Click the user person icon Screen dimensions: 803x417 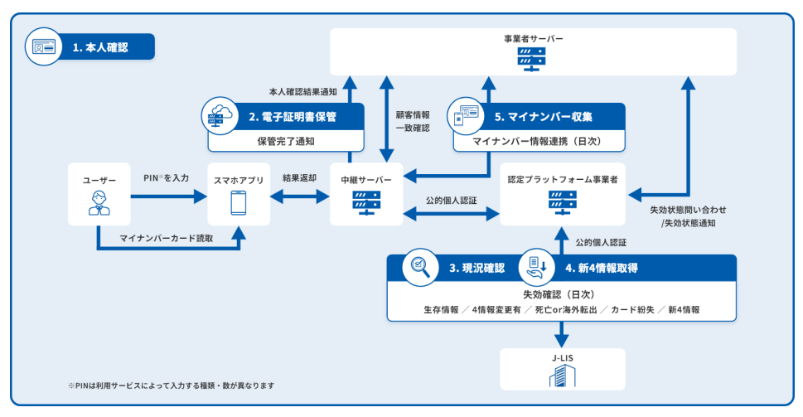pos(99,203)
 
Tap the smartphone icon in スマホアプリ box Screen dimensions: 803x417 pos(238,203)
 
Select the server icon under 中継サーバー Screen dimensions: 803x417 pos(366,203)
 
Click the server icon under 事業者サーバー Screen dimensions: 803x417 pos(531,60)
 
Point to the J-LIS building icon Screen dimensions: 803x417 pos(563,376)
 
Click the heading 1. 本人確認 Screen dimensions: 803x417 pos(100,47)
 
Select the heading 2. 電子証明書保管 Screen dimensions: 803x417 pos(293,117)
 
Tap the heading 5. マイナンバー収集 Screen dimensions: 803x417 pos(544,117)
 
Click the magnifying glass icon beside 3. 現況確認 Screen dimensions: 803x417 pos(420,267)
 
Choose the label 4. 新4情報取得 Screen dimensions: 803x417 pos(602,268)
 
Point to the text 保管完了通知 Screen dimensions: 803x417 pos(286,142)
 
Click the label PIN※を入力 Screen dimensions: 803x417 pos(167,177)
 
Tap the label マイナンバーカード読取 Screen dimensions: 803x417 pos(167,238)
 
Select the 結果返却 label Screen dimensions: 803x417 pos(300,177)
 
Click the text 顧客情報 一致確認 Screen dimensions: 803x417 pos(413,121)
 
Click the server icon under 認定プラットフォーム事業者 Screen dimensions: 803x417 pos(563,203)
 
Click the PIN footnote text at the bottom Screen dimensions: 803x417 pos(171,385)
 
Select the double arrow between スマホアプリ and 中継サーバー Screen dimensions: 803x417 pos(300,196)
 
